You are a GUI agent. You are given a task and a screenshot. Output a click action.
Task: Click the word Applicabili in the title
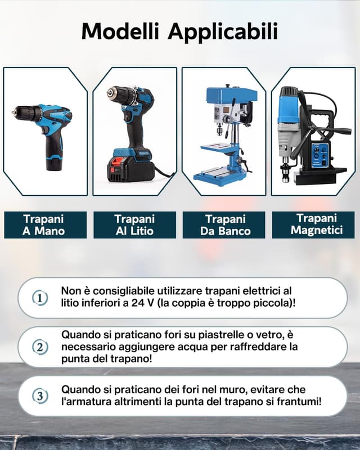point(223,31)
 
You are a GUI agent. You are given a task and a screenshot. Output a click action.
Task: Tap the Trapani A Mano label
point(44,224)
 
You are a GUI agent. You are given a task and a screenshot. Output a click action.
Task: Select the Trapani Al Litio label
point(134,224)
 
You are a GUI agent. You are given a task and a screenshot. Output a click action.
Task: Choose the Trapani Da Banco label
point(225,224)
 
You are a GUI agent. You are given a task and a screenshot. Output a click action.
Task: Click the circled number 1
point(39,298)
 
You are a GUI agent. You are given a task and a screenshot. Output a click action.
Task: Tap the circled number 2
point(39,347)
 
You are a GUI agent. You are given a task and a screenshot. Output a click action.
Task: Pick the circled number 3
point(39,396)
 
